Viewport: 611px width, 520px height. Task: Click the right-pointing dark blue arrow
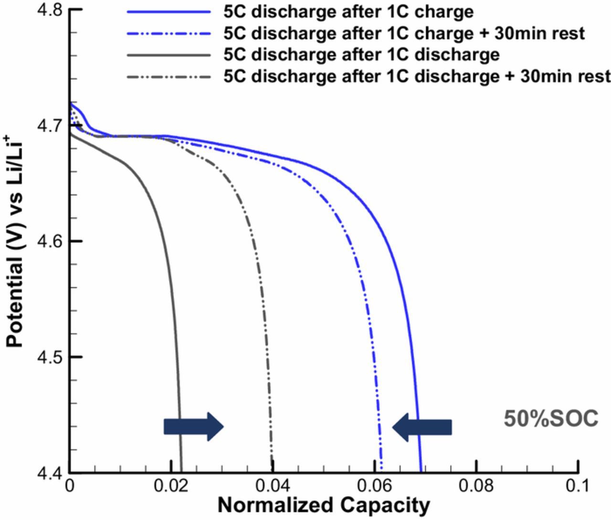[x=193, y=426]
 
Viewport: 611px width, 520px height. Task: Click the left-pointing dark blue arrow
[x=422, y=426]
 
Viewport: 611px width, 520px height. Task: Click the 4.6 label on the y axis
[x=50, y=241]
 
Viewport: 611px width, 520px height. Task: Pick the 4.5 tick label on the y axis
[x=50, y=357]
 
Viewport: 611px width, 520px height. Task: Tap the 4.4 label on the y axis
[x=50, y=471]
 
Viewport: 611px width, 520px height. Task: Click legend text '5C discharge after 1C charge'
[x=348, y=11]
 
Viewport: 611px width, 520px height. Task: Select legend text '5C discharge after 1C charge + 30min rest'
[x=404, y=33]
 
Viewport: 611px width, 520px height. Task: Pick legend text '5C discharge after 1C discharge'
[x=361, y=54]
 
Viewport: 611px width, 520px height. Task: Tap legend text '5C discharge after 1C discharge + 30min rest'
[x=417, y=76]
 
